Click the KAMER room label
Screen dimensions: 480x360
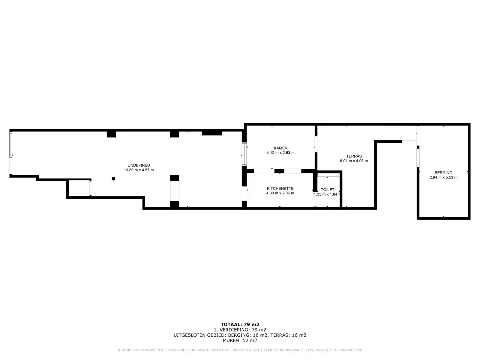click(x=280, y=148)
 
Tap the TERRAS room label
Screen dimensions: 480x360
click(x=354, y=156)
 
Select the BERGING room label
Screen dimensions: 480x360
click(x=443, y=173)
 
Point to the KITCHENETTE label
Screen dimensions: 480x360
click(x=280, y=188)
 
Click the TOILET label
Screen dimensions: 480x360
click(x=327, y=190)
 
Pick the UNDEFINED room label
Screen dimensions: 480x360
click(x=139, y=165)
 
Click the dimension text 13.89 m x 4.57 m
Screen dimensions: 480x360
click(x=139, y=170)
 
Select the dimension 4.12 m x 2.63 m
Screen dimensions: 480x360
click(x=280, y=153)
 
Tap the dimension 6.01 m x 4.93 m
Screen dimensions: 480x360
click(x=354, y=161)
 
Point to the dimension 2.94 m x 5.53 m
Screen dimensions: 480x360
click(x=443, y=177)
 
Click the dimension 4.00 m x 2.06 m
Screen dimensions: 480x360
click(x=280, y=193)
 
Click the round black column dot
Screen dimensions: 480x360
click(x=113, y=178)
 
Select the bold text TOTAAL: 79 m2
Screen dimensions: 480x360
click(x=240, y=324)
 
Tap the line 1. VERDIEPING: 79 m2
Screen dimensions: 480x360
click(x=240, y=330)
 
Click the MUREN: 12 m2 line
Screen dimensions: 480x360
click(x=240, y=340)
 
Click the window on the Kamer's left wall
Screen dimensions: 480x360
click(x=244, y=154)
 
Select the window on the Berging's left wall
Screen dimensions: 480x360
click(x=418, y=157)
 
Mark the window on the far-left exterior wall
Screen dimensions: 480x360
click(x=11, y=145)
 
